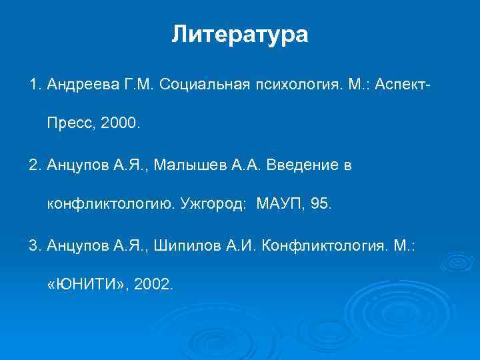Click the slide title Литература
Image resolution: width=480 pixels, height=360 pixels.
click(x=240, y=34)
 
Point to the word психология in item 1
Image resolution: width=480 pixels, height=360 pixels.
click(x=294, y=85)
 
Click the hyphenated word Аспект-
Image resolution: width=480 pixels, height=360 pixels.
click(x=402, y=85)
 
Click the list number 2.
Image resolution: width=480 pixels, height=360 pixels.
click(x=33, y=165)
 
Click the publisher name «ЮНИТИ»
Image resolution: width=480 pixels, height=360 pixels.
click(x=85, y=285)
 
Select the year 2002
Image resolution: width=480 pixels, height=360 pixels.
click(x=153, y=285)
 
